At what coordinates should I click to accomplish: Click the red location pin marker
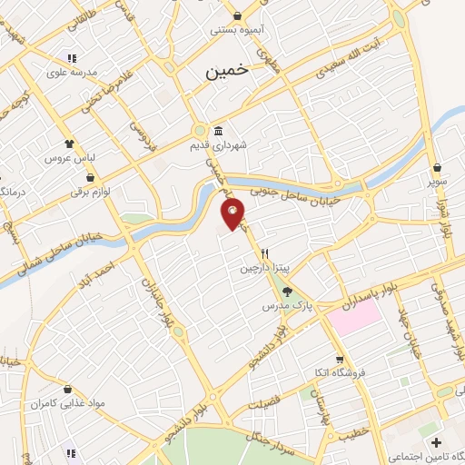click(x=233, y=214)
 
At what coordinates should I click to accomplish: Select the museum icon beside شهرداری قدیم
click(x=218, y=131)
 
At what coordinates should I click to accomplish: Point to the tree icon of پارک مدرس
click(x=288, y=292)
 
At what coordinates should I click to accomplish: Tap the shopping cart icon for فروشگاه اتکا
click(x=340, y=359)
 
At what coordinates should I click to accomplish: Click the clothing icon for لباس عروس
click(x=69, y=143)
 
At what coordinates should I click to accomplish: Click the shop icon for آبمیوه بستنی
click(x=237, y=15)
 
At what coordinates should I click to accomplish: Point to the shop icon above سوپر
click(x=438, y=167)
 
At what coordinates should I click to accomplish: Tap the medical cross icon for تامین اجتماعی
click(x=437, y=442)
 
